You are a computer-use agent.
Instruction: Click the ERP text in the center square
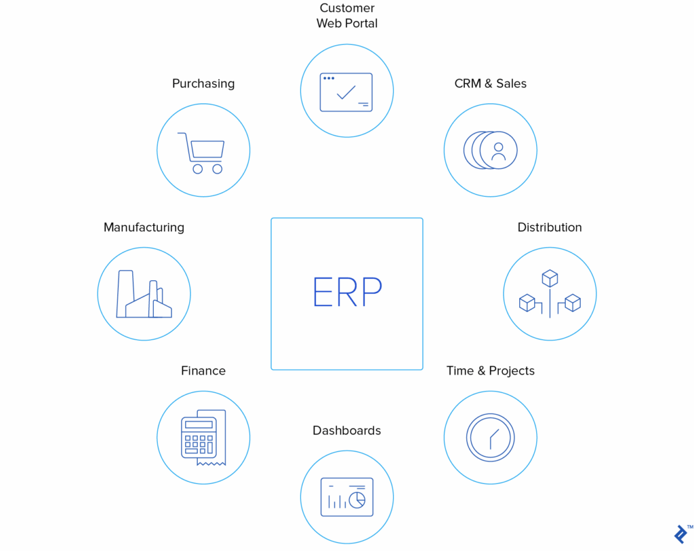point(347,291)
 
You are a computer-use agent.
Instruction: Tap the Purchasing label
point(203,83)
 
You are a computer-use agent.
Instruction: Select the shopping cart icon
point(201,153)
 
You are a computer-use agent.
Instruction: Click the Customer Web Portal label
point(347,16)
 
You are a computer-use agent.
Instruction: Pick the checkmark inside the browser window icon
point(346,93)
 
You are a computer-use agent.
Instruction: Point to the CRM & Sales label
point(491,83)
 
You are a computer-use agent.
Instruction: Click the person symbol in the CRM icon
point(498,151)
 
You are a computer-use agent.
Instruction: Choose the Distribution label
point(550,227)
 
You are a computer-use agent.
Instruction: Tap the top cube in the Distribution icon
point(550,278)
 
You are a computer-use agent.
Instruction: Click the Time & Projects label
point(491,370)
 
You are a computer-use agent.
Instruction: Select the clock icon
point(491,438)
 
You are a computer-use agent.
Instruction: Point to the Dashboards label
point(347,430)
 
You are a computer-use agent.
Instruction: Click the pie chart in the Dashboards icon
point(357,500)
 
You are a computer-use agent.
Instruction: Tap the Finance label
point(203,370)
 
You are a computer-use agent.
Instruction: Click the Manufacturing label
point(144,227)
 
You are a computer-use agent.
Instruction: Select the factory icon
point(144,294)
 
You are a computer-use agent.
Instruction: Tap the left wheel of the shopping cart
point(197,169)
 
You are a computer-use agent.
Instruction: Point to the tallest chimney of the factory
point(125,293)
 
